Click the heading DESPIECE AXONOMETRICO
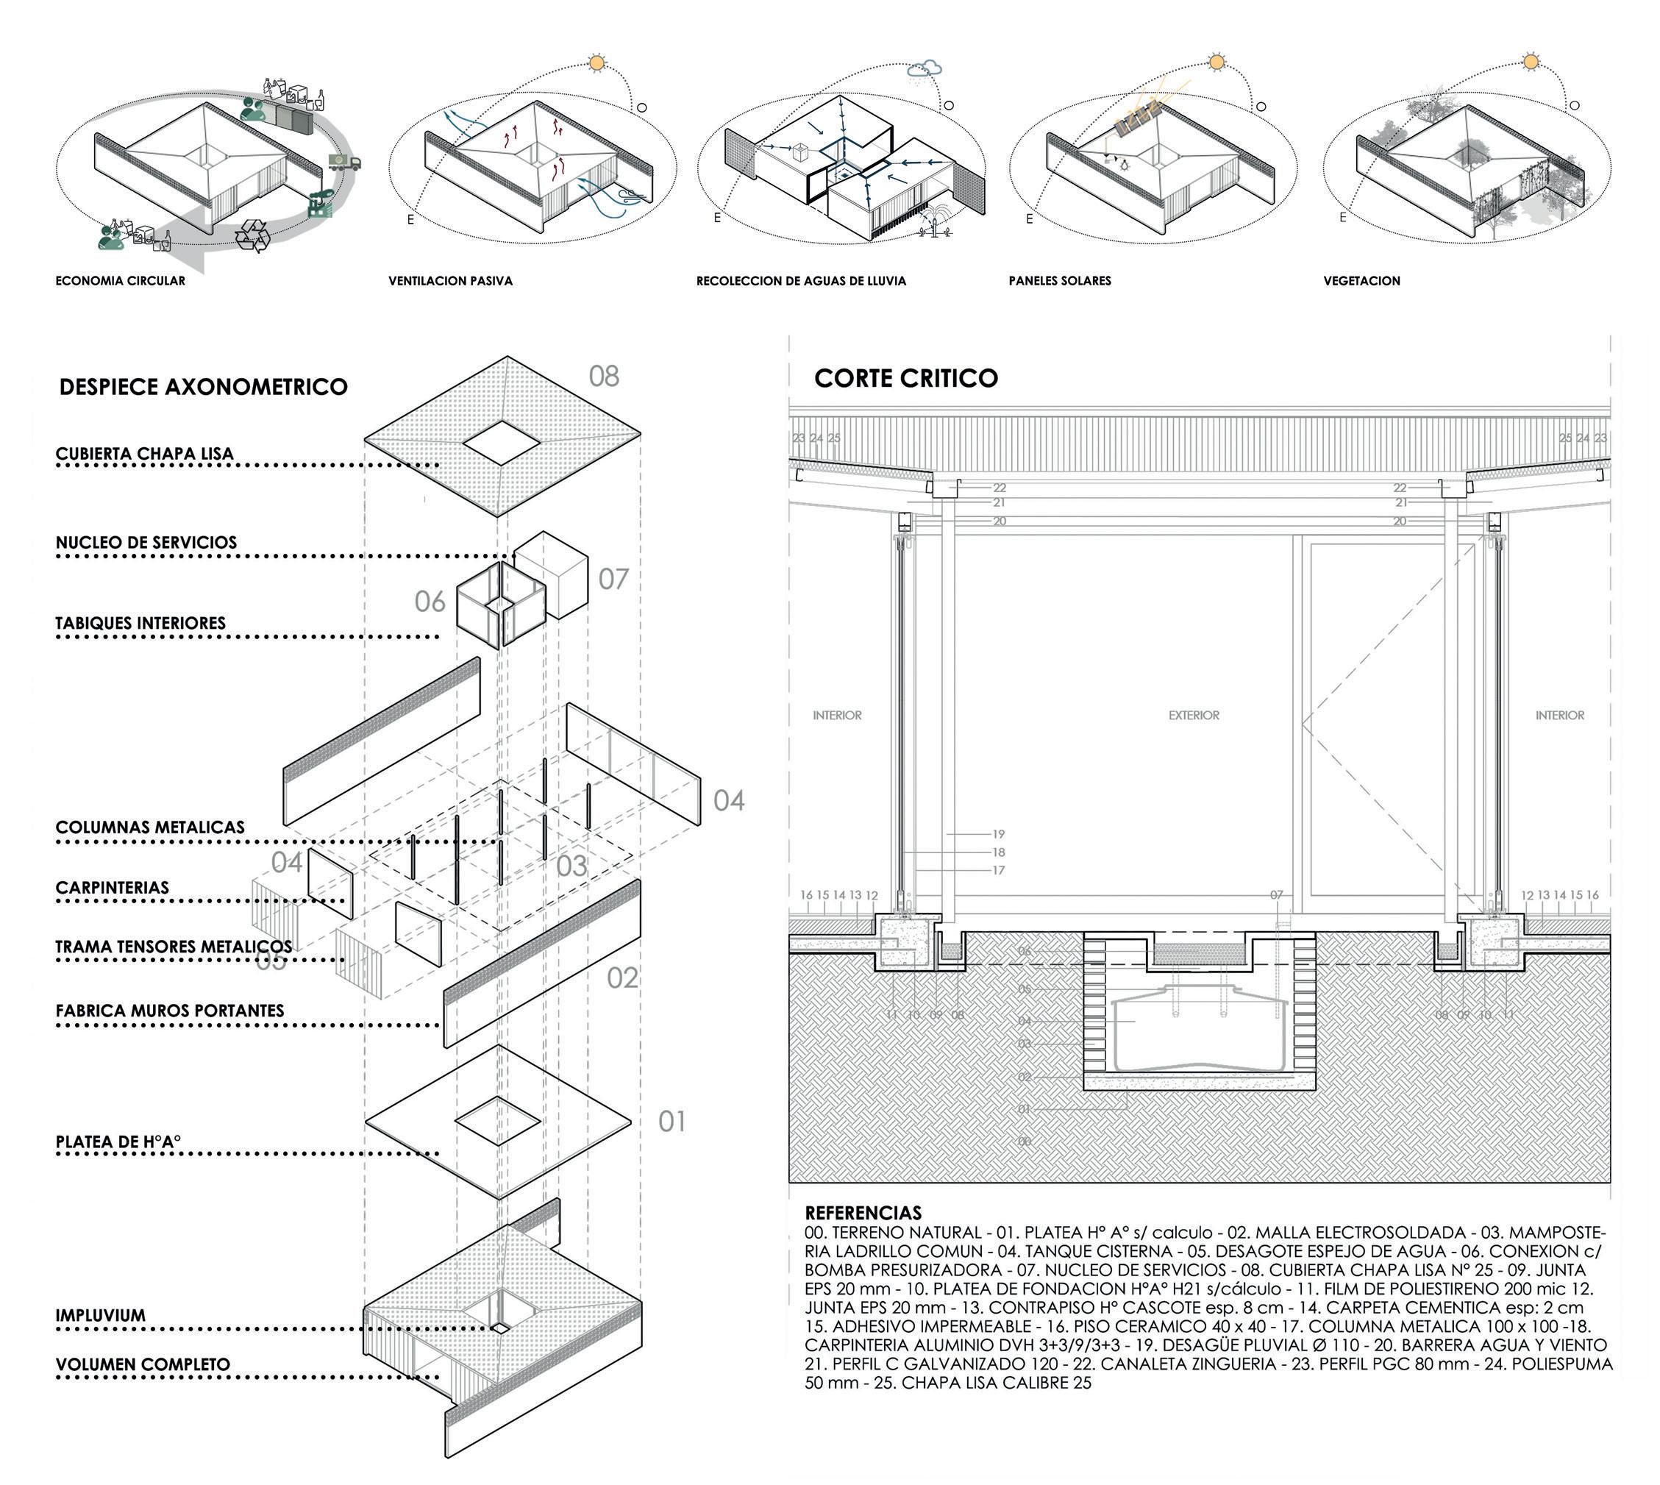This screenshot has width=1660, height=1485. (203, 387)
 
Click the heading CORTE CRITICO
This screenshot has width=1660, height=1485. (905, 378)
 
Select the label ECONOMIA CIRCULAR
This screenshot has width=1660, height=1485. (120, 281)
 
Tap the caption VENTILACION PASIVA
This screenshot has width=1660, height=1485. (450, 281)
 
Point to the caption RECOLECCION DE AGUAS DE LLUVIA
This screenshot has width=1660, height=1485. (800, 281)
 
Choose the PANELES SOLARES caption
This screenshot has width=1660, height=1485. (1060, 281)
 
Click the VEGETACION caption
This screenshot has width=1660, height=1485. (1361, 281)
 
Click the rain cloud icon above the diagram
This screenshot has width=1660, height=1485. (926, 70)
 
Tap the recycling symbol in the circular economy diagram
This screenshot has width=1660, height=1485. (253, 235)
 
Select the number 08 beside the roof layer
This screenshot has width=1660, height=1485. (604, 376)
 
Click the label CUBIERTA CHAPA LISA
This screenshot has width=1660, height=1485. (144, 454)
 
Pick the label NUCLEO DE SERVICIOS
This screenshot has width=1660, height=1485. (146, 543)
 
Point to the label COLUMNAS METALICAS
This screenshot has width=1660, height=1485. (150, 827)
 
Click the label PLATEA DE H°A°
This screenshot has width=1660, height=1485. (118, 1142)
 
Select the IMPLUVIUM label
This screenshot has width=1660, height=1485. (100, 1315)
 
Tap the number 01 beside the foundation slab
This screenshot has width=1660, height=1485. (672, 1122)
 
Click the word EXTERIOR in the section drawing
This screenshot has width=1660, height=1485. (1194, 715)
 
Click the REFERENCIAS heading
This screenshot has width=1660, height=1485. (863, 1212)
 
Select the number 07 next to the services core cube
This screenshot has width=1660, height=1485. (613, 580)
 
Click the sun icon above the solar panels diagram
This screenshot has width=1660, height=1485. (1216, 62)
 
